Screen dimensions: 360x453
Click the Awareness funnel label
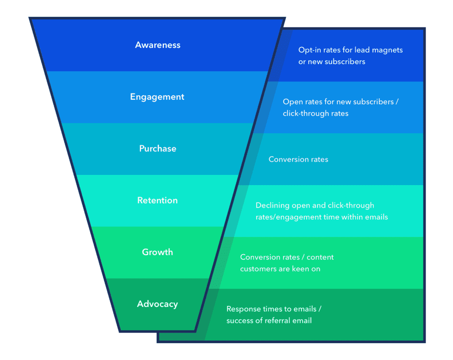[157, 45]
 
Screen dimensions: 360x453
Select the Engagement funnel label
[157, 97]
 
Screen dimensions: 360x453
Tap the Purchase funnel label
[157, 149]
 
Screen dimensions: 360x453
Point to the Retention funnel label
[157, 201]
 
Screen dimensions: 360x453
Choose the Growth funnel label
[157, 252]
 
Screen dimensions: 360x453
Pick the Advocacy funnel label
[157, 304]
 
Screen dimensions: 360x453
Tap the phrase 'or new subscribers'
[331, 62]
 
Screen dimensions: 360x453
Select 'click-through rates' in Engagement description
[315, 114]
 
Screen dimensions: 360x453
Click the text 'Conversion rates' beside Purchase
[298, 159]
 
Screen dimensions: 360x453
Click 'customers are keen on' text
[280, 269]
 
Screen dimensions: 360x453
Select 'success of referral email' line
[269, 321]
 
